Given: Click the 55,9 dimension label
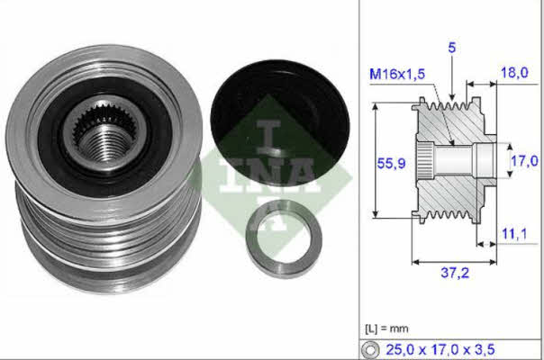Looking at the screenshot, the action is pos(391,163).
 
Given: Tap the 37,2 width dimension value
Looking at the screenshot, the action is pos(455,273).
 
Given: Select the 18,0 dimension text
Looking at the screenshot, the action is pos(514,73).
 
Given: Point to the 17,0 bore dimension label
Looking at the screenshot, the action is pos(524,161).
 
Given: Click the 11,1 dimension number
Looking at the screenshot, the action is pos(514,234).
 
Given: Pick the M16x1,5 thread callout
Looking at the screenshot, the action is pos(397,74).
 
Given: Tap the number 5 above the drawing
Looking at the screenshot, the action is pos(452,48).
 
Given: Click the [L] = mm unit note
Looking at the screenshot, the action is pos(386,328).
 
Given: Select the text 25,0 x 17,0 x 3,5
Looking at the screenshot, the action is pos(440,349).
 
